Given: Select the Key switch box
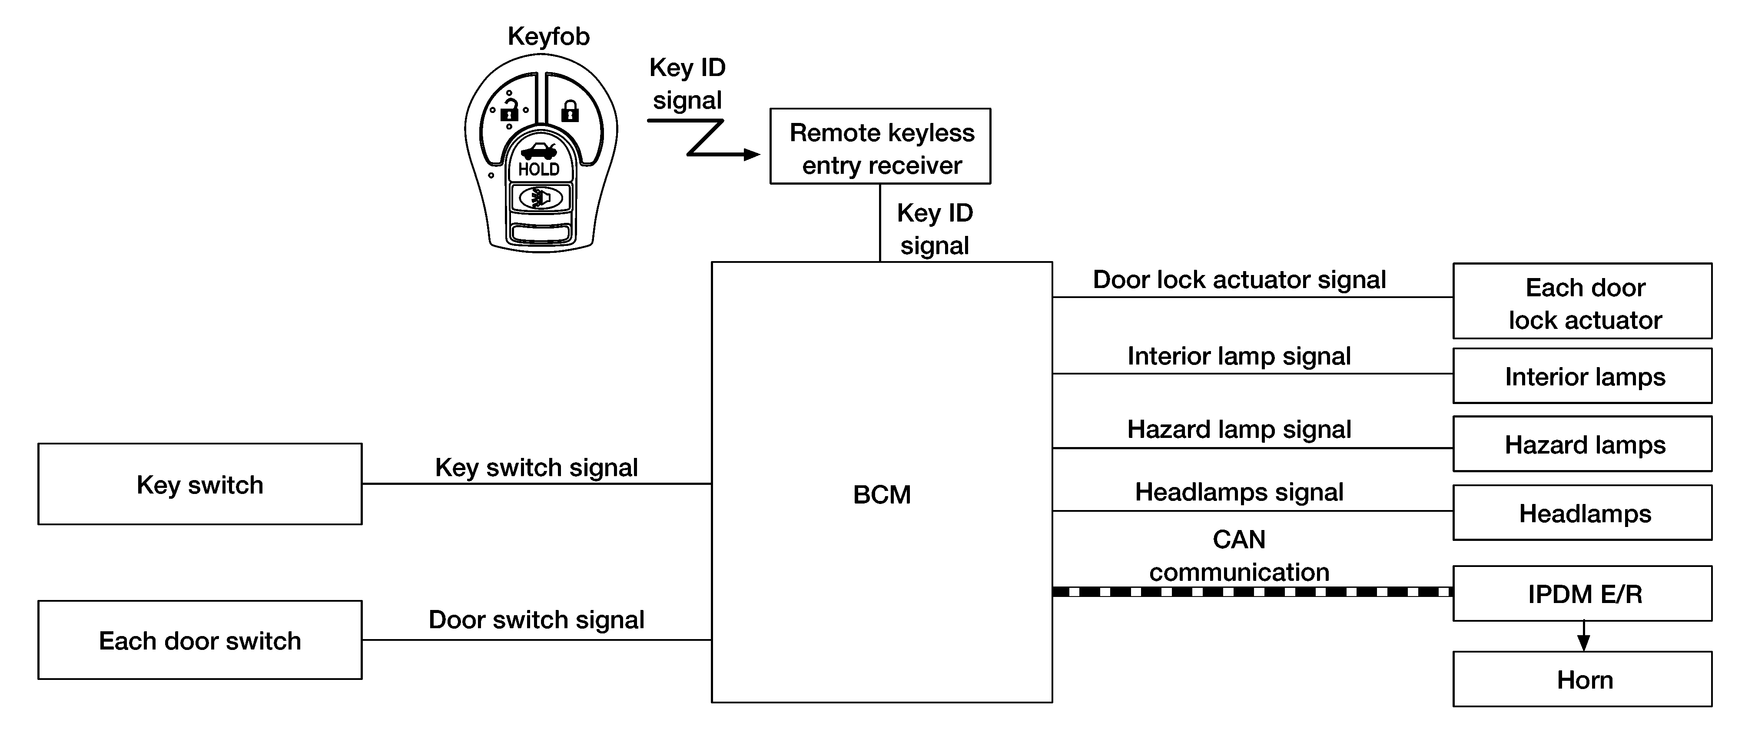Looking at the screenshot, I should click(199, 484).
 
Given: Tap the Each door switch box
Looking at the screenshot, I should click(199, 640).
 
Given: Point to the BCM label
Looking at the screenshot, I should click(882, 494).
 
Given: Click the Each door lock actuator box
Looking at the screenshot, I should click(1582, 301).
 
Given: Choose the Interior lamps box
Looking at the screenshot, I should click(1582, 376).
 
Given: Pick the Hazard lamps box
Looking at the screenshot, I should click(1582, 444).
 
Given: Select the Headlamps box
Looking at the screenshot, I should click(1582, 513).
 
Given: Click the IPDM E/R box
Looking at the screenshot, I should click(1582, 593).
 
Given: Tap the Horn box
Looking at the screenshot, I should click(1582, 680).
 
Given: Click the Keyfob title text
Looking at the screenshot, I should click(548, 36).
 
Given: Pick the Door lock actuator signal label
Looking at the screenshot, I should click(1239, 280).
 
